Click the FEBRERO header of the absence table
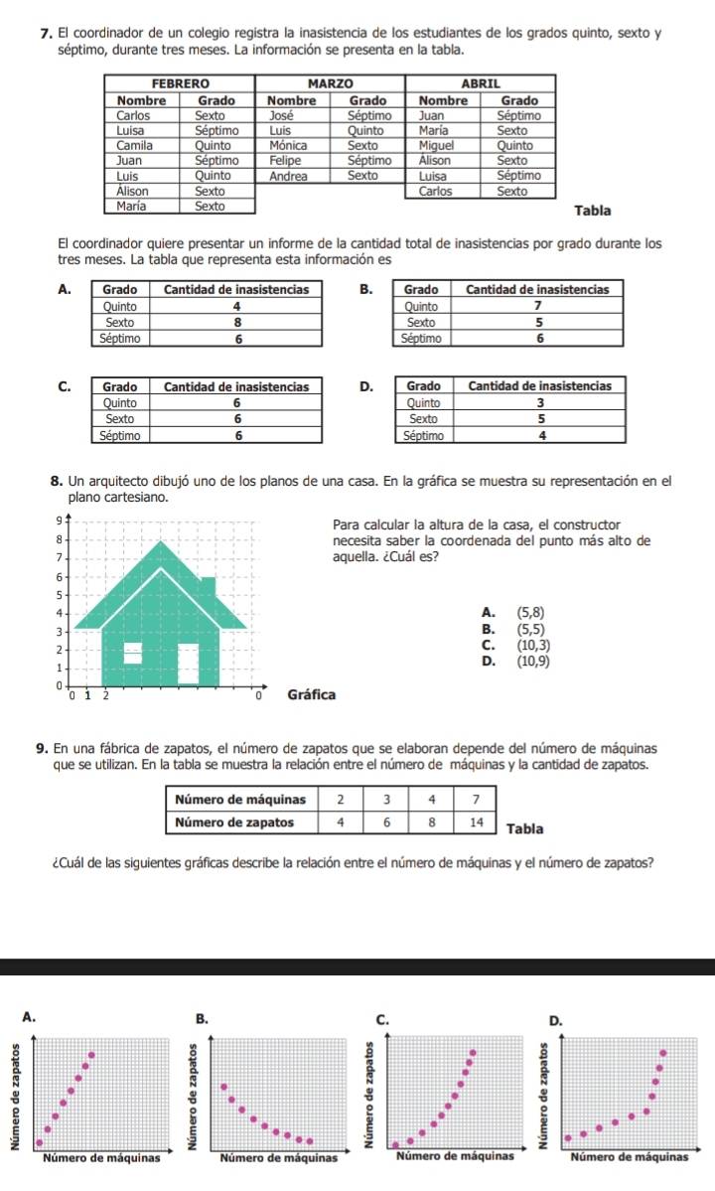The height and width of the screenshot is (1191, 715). (180, 85)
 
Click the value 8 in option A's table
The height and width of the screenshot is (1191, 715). (236, 322)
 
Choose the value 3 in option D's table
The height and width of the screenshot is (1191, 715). (540, 403)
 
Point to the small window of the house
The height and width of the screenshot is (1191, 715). (132, 651)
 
